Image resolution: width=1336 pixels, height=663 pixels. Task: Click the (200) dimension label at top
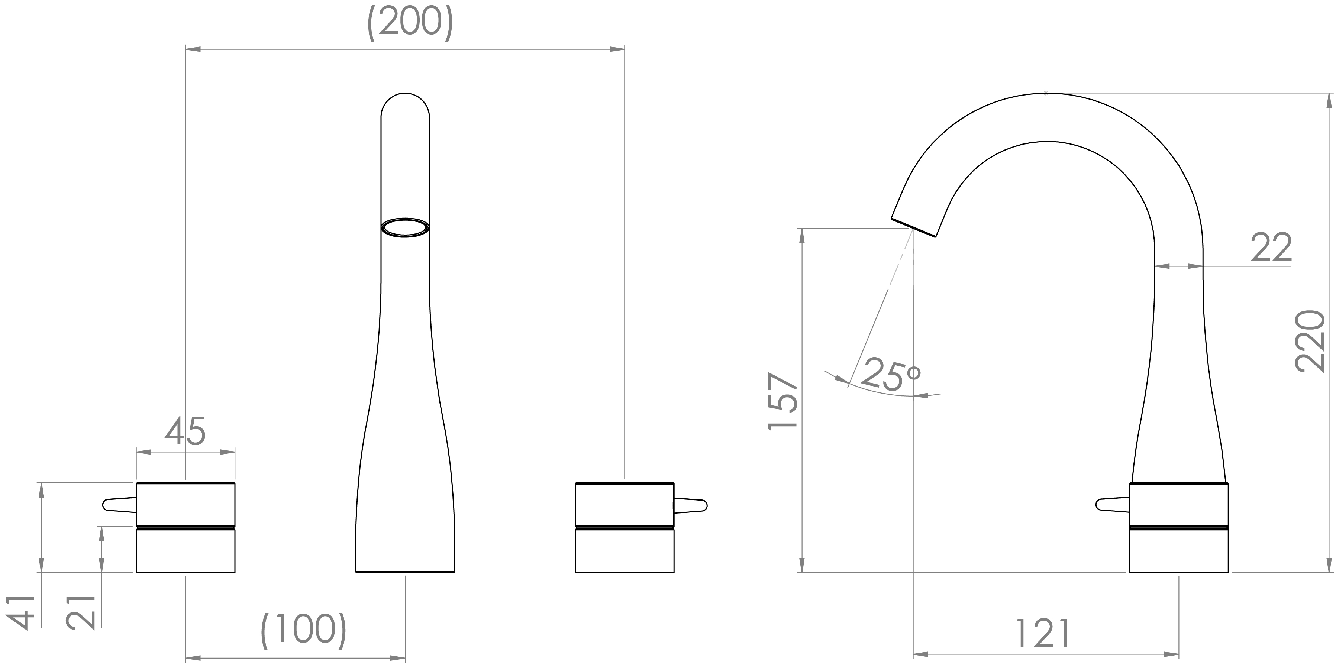click(x=410, y=23)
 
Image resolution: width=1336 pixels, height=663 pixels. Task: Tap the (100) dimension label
click(x=303, y=631)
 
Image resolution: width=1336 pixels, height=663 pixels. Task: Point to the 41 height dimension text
click(x=21, y=613)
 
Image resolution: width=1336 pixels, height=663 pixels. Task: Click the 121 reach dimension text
click(x=1042, y=633)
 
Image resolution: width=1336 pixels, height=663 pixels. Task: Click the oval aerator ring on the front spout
click(x=405, y=227)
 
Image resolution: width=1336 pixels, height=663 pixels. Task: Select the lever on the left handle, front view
click(x=119, y=505)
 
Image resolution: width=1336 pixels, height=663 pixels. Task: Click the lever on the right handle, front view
click(x=690, y=505)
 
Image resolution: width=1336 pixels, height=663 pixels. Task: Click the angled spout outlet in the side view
click(x=913, y=227)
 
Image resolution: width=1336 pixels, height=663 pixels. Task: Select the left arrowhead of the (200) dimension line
click(x=193, y=49)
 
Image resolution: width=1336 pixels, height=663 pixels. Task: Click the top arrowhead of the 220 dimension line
click(x=1329, y=101)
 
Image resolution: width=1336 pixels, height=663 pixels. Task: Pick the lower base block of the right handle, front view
click(x=625, y=550)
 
